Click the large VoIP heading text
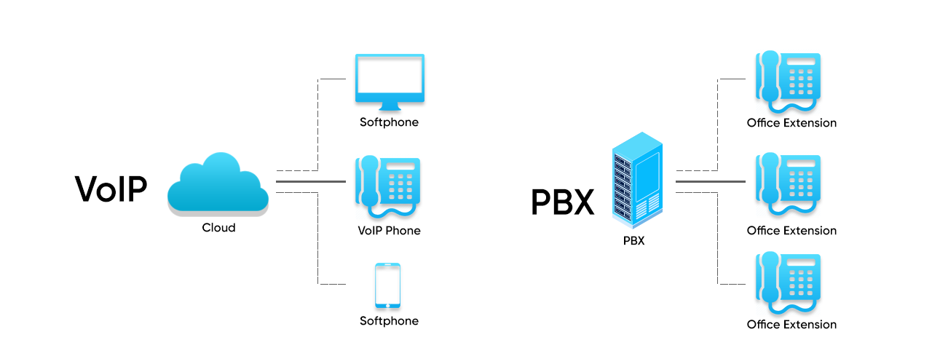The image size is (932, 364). point(111,189)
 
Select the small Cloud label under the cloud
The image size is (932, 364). point(218,228)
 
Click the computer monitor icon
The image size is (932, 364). point(389,79)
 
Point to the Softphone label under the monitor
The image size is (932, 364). point(389,122)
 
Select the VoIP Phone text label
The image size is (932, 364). point(389,231)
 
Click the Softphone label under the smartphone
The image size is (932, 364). point(389,321)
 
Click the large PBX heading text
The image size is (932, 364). point(562,202)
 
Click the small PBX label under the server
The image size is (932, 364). point(634,241)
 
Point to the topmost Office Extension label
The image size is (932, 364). point(791,123)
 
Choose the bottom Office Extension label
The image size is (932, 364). point(791,325)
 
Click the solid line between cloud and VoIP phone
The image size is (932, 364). point(310,181)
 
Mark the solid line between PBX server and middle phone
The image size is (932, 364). point(711,181)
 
